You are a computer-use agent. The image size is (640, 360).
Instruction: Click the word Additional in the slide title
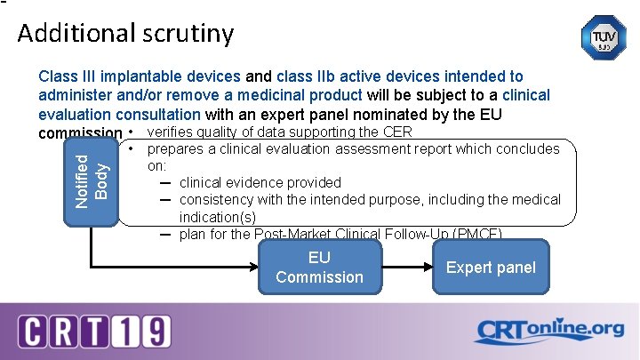tap(74, 34)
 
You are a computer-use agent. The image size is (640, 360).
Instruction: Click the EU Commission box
tap(319, 267)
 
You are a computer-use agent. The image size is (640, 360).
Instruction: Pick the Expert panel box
tap(491, 268)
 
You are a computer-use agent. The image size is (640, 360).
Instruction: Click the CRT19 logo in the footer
tap(94, 331)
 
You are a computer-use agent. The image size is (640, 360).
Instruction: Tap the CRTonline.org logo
tap(548, 331)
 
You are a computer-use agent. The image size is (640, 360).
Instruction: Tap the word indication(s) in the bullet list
tap(217, 217)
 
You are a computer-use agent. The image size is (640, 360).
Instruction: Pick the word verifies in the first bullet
tap(172, 132)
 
